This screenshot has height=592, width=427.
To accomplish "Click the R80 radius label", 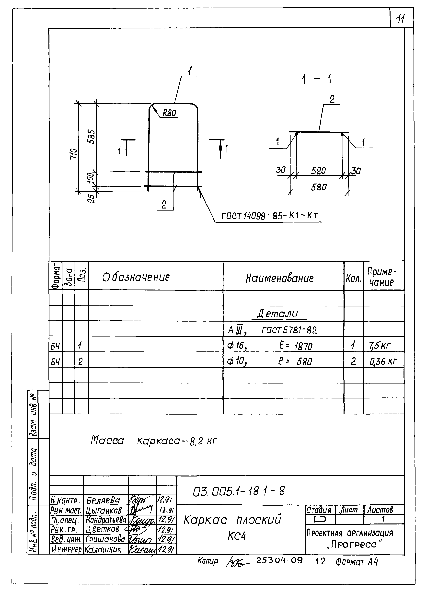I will (169, 113).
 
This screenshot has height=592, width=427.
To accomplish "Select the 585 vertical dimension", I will (92, 137).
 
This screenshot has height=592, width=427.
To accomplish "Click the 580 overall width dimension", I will (319, 187).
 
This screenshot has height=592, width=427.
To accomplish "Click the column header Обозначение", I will (136, 277).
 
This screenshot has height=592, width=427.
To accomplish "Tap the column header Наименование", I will (279, 278).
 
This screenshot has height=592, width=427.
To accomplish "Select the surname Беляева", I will (103, 500).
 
